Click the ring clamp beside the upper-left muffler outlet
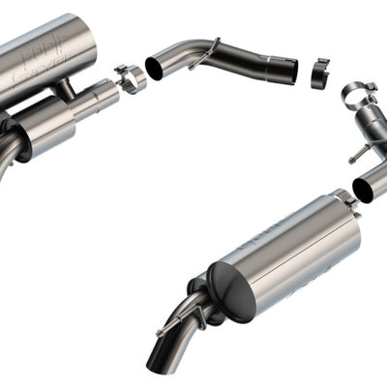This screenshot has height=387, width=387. (129, 76)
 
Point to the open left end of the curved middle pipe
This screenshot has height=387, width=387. (155, 68)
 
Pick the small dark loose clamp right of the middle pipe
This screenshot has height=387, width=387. (320, 74)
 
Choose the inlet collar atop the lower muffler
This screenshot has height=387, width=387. (343, 201)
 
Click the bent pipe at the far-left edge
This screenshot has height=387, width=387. (8, 155)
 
